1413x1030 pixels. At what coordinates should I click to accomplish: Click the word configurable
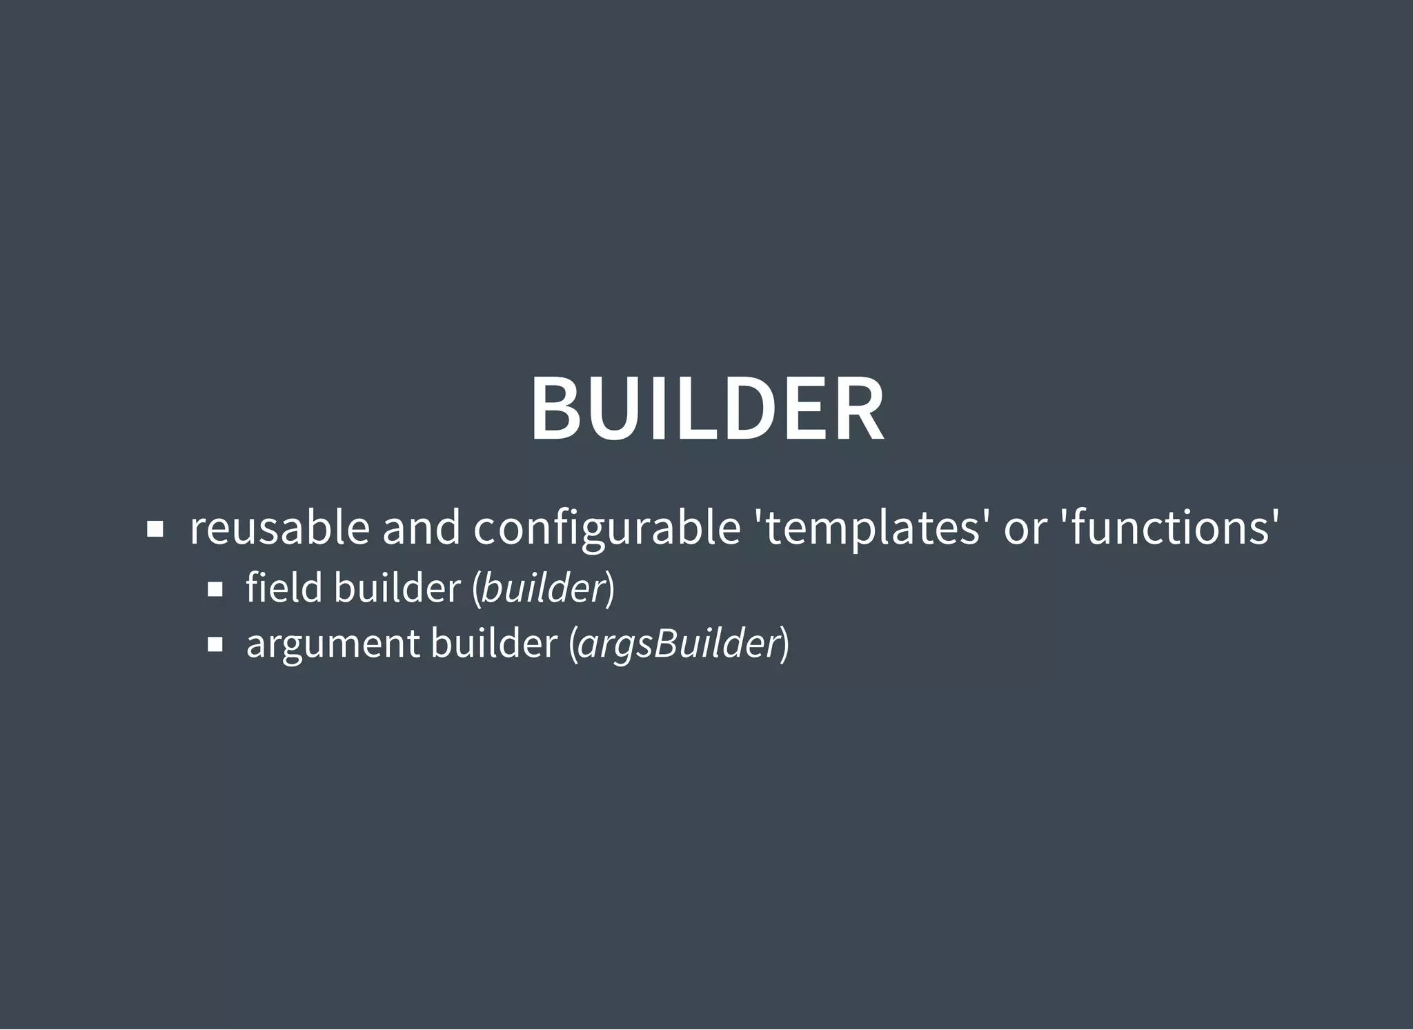[606, 529]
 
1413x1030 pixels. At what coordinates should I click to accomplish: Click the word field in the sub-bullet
[284, 588]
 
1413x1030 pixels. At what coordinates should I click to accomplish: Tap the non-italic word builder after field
[397, 588]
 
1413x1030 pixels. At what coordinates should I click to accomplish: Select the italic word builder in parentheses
[543, 588]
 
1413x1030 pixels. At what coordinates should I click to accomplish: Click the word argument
[333, 644]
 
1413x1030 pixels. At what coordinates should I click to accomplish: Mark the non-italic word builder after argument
[493, 643]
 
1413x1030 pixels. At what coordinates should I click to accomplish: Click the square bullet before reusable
[155, 530]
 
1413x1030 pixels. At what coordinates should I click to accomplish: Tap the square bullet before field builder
[215, 589]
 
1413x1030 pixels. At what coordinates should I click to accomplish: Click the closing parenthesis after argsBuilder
[784, 644]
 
